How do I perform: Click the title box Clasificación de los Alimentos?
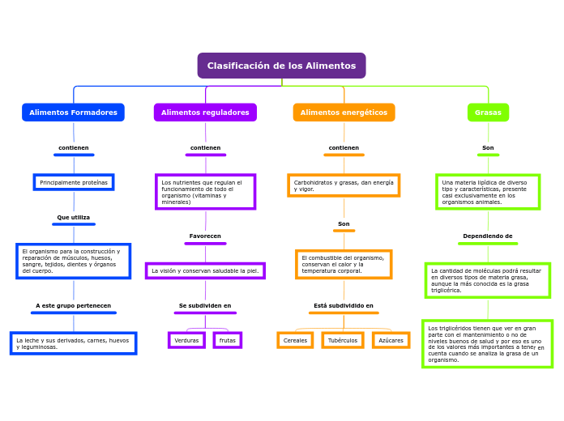click(x=281, y=66)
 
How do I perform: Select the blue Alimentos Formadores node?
click(x=73, y=113)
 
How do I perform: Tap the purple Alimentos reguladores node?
click(x=205, y=113)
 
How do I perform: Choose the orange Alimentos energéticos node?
click(x=344, y=113)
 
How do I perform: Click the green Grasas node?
click(x=488, y=113)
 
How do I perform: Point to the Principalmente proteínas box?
click(x=74, y=182)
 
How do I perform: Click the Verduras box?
click(x=186, y=340)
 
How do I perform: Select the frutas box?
click(x=228, y=340)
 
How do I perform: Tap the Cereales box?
click(x=295, y=340)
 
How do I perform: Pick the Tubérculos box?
click(x=342, y=340)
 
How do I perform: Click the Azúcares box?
click(x=391, y=340)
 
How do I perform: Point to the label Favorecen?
click(x=205, y=236)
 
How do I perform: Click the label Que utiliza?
click(x=74, y=217)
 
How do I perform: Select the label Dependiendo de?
click(x=488, y=236)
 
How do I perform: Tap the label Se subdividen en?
click(x=205, y=306)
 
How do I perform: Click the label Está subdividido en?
click(x=344, y=306)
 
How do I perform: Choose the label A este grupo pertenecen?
click(x=74, y=306)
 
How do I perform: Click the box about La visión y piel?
click(x=205, y=270)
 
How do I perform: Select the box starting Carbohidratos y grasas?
click(x=344, y=185)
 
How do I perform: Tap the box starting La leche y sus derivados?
click(x=73, y=343)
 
